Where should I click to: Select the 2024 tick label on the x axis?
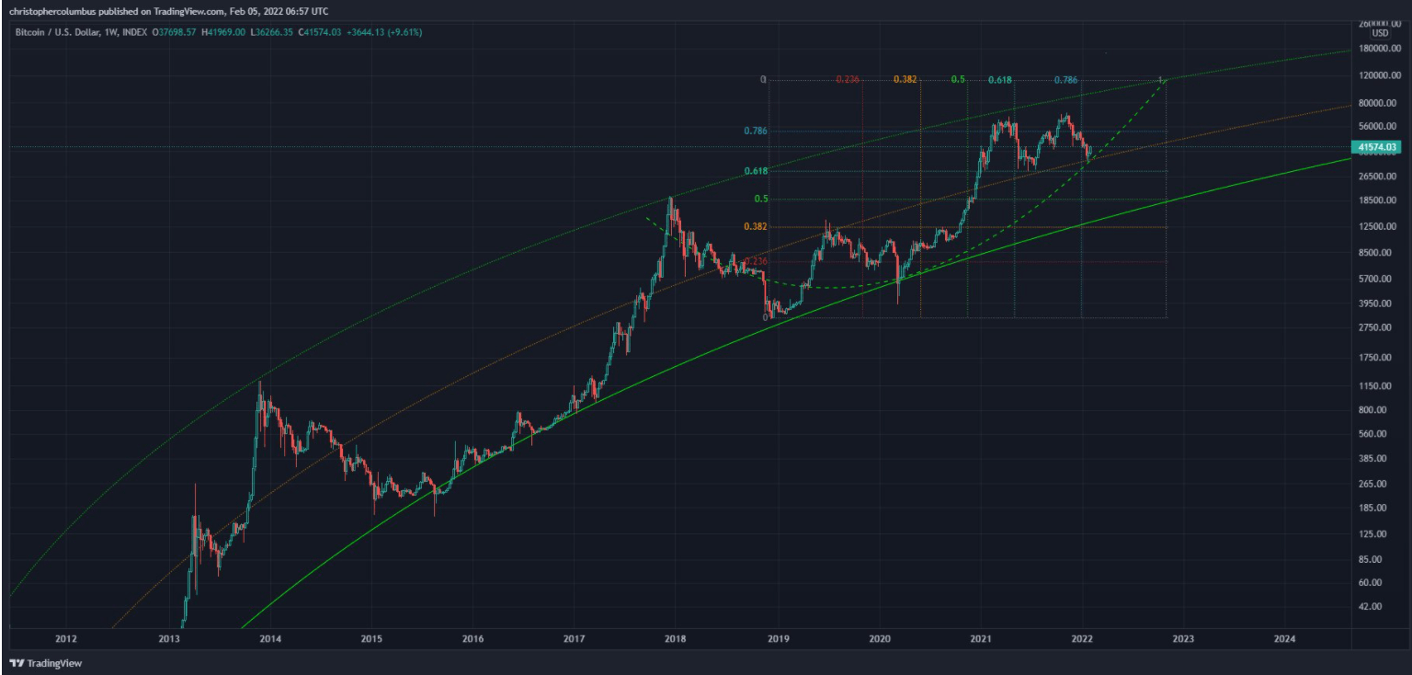1285,638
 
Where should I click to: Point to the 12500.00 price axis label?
1379,226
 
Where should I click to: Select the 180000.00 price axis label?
1377,48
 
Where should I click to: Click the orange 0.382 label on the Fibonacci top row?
905,80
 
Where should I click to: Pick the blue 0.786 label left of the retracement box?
755,132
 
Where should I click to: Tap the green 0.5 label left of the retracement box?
761,199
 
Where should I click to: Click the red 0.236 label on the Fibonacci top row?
848,80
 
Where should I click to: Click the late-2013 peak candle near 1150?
260,384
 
